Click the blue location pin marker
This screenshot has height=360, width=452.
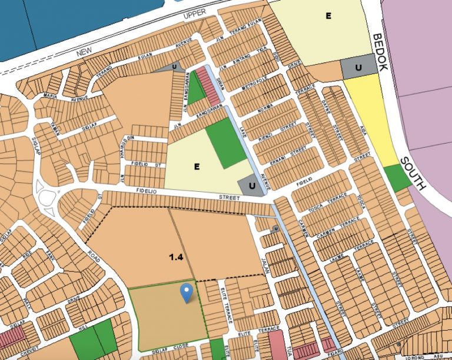187,292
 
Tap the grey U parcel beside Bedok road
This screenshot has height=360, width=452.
358,68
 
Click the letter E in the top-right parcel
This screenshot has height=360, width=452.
328,16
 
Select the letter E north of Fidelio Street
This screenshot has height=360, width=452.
197,167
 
